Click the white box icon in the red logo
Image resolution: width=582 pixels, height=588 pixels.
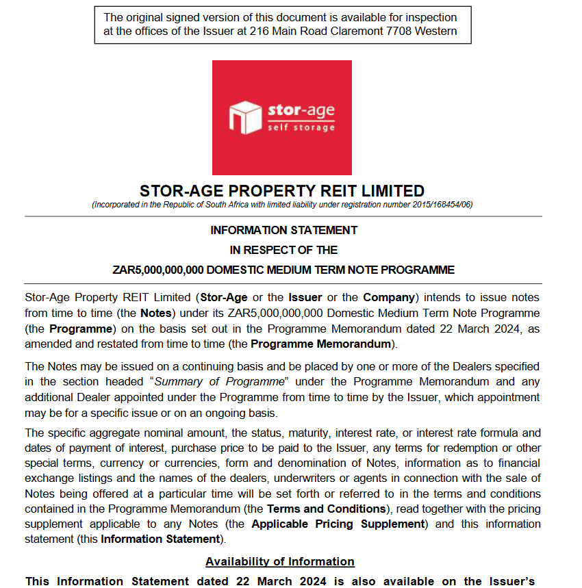point(245,116)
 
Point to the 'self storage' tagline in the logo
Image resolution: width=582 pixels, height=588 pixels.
point(301,127)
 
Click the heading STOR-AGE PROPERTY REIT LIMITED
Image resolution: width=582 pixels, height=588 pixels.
point(282,191)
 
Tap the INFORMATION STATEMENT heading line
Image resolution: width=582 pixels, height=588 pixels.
point(283,230)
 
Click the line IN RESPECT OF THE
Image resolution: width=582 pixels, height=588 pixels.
point(283,250)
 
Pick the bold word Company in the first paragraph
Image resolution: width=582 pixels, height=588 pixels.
point(388,297)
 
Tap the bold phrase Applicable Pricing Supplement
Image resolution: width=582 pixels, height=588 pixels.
point(338,524)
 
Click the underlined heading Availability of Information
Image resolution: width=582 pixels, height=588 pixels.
point(280,561)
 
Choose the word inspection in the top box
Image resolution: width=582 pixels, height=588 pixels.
point(429,17)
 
